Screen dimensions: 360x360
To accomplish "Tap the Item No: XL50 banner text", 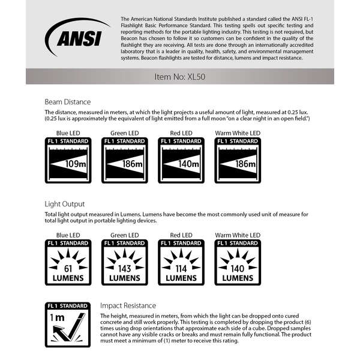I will click(180, 77).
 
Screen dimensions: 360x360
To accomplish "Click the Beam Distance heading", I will click(67, 101).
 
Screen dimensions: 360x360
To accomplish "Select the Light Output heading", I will click(65, 204).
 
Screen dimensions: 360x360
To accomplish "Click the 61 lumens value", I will click(67, 268).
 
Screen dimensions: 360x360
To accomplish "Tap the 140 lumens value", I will click(239, 268).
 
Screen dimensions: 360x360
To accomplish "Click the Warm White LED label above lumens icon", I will click(239, 235).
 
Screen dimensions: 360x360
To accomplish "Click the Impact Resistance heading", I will click(128, 305).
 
